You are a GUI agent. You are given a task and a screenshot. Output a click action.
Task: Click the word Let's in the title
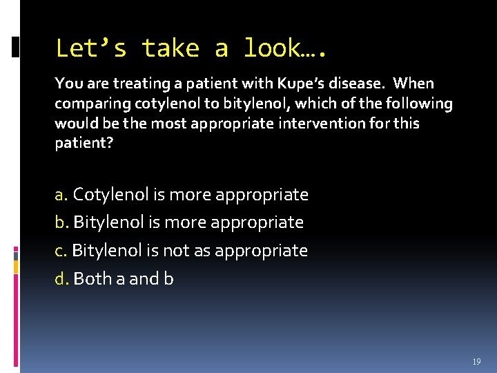coord(90,48)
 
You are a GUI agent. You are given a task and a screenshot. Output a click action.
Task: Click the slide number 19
coord(476,362)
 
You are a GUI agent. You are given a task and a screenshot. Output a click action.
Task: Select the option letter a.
coord(61,195)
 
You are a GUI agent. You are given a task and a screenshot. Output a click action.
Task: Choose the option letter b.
coord(61,222)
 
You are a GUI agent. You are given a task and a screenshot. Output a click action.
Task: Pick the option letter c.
coord(61,250)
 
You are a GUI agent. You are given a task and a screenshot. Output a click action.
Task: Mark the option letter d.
coord(61,278)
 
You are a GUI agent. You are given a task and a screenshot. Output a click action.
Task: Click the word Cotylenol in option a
coord(111,195)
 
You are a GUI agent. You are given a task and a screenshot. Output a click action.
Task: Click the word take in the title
coord(170,48)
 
